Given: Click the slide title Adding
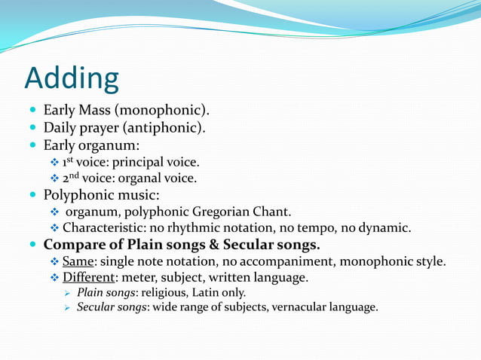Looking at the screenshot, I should coord(72,79).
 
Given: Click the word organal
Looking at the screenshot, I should coord(142,178).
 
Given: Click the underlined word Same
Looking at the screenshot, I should coord(76,261).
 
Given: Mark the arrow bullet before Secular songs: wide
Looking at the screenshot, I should coord(66,307).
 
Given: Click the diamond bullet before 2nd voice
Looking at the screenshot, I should coord(53,179).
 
